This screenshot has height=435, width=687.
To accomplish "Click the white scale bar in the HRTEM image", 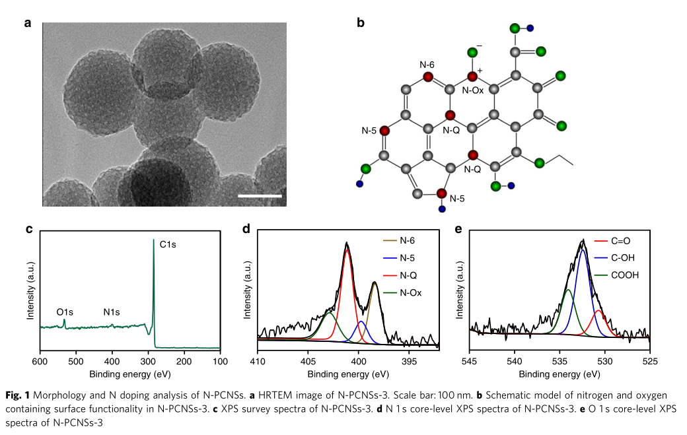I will (x=260, y=195).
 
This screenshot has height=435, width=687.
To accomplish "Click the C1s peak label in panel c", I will (x=168, y=244).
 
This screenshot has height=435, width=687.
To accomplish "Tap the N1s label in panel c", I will (x=112, y=311).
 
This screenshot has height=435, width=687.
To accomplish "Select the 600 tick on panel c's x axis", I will (x=40, y=362).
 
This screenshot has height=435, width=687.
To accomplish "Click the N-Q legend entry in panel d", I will (x=410, y=275).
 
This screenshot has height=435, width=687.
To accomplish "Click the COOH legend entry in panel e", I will (x=626, y=275).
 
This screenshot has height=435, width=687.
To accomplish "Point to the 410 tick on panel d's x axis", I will (x=258, y=362).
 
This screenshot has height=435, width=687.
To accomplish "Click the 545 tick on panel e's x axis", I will (x=470, y=362).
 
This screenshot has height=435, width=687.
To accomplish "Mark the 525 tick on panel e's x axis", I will (x=650, y=362).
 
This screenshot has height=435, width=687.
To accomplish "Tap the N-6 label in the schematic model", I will (x=427, y=65).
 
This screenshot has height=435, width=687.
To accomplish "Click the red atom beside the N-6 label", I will (x=428, y=77).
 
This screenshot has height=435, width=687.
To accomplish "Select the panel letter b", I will (x=360, y=23).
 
